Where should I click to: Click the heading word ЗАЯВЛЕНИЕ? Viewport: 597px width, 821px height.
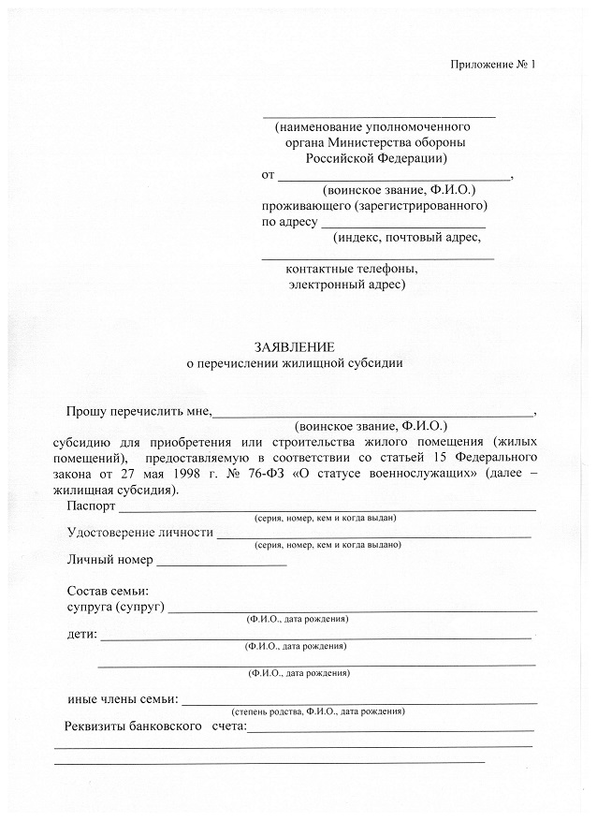294,346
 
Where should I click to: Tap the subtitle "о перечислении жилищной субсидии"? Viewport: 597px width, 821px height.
295,363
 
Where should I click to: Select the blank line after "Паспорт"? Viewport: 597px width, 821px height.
327,508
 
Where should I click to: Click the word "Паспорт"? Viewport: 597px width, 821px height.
92,506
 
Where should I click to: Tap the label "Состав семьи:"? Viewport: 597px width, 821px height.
109,591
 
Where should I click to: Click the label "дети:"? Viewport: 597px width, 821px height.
82,635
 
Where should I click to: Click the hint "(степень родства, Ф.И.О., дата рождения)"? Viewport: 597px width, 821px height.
318,711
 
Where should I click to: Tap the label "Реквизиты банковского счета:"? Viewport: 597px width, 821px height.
154,726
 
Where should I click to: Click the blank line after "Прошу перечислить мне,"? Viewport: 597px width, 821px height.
374,413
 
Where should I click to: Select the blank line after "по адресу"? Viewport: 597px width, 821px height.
403,226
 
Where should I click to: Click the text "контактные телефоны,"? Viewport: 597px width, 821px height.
352,269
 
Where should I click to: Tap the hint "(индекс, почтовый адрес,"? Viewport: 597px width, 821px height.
405,238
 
